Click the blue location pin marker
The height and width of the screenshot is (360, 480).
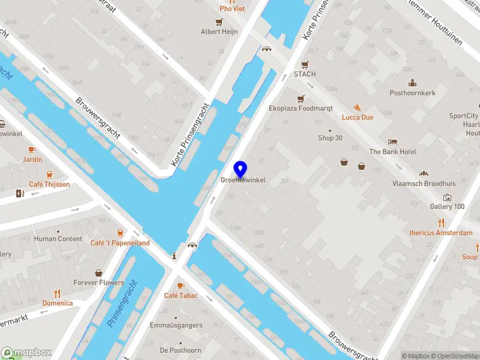pyautogui.click(x=241, y=169)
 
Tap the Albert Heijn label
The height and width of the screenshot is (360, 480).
pyautogui.click(x=219, y=31)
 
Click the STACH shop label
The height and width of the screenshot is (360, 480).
pyautogui.click(x=304, y=74)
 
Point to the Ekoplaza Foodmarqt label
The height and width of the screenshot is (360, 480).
pyautogui.click(x=301, y=109)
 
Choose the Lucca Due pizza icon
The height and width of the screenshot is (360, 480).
pyautogui.click(x=357, y=107)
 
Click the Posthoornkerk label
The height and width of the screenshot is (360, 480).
pyautogui.click(x=412, y=93)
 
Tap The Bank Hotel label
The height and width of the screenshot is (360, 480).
pyautogui.click(x=392, y=152)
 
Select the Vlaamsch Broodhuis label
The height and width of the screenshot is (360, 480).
pyautogui.click(x=424, y=184)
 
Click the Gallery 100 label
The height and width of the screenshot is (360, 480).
pyautogui.click(x=447, y=206)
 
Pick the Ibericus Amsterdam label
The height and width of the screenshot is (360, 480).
pyautogui.click(x=440, y=233)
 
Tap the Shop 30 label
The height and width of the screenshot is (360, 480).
pyautogui.click(x=330, y=137)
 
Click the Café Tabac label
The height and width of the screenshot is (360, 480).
pyautogui.click(x=181, y=295)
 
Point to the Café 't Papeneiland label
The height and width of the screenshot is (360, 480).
pyautogui.click(x=120, y=242)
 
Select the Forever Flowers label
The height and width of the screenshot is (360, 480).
pyautogui.click(x=98, y=283)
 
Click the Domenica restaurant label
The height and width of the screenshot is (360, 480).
pyautogui.click(x=57, y=303)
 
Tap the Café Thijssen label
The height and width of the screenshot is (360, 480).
pyautogui.click(x=49, y=184)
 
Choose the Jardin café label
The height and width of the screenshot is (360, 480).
pyautogui.click(x=32, y=159)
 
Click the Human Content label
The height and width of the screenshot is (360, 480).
pyautogui.click(x=58, y=238)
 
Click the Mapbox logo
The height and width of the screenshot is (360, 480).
pyautogui.click(x=26, y=353)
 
